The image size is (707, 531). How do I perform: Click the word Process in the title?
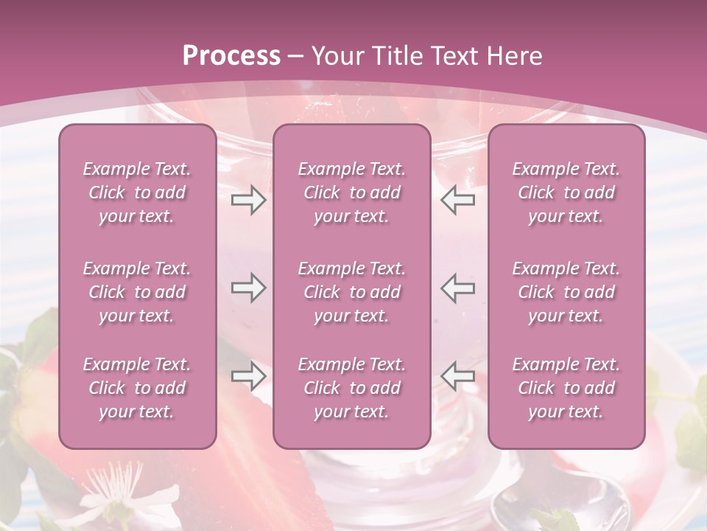coord(231,56)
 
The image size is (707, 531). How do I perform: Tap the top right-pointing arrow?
coord(248,200)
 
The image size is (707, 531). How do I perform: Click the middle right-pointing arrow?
coord(248,288)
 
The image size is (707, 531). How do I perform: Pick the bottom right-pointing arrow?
coord(248,376)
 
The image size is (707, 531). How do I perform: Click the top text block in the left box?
coord(137,192)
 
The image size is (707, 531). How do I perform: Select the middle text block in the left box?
coord(137,292)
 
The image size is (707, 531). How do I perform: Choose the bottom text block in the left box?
coord(137,388)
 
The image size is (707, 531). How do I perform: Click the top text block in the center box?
coord(351,192)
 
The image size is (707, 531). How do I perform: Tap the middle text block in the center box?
coord(351,292)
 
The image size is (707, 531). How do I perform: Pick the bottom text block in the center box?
coord(351,388)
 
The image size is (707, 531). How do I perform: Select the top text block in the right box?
coord(566,192)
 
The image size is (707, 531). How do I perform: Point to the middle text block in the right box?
coord(566,292)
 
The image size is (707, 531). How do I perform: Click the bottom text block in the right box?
coord(566,388)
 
